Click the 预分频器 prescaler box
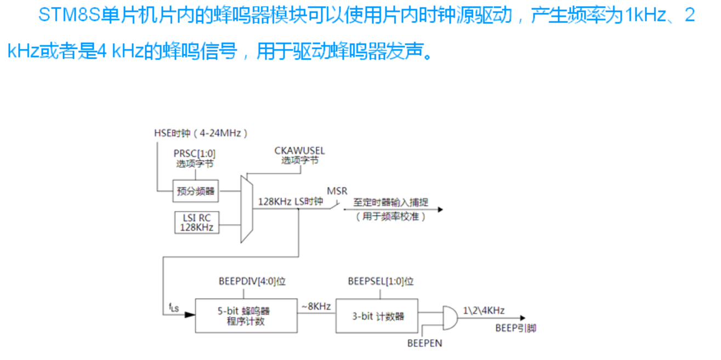point(196,191)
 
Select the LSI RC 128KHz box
point(196,222)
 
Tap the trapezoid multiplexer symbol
point(246,209)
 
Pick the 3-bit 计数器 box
point(377,316)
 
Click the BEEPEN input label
point(424,344)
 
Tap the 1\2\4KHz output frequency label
point(484,311)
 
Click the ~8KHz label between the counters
point(315,306)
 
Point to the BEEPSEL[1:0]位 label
point(381,282)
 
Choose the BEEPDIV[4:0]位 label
point(252,282)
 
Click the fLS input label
point(173,308)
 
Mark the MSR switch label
point(337,191)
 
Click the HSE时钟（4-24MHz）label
point(201,133)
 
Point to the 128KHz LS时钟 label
point(291,201)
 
